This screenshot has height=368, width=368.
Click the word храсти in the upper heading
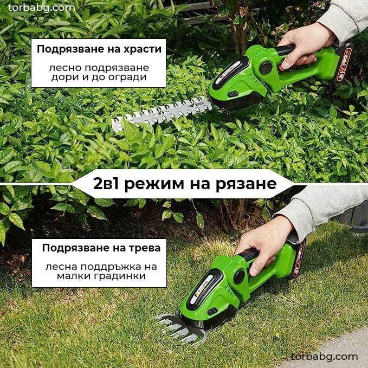(x=143, y=49)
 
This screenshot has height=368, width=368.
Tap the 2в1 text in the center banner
(x=107, y=184)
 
